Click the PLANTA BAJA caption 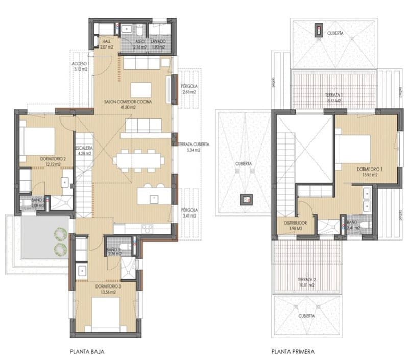pyautogui.click(x=88, y=352)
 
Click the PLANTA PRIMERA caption pyautogui.click(x=294, y=352)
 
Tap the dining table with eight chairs pyautogui.click(x=137, y=159)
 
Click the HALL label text pyautogui.click(x=107, y=42)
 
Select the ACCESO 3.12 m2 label pyautogui.click(x=80, y=65)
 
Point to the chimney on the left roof pyautogui.click(x=247, y=199)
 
